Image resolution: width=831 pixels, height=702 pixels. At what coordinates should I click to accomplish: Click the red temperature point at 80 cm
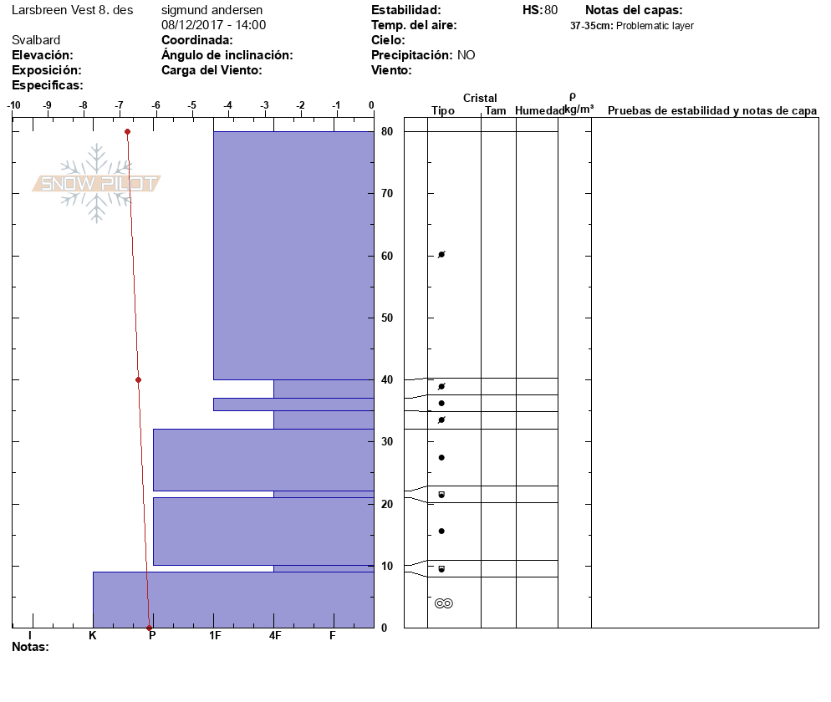click(127, 131)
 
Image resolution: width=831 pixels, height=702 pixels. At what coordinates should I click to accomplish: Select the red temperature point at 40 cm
click(138, 379)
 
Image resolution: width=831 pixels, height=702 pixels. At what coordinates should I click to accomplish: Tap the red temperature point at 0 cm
click(149, 628)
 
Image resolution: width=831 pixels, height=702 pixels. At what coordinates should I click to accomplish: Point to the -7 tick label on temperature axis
click(120, 105)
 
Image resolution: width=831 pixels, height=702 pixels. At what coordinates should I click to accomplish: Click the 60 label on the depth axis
click(387, 256)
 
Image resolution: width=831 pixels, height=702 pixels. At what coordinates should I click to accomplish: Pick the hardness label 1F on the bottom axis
click(215, 636)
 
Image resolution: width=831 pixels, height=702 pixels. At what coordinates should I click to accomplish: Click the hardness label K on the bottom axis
click(93, 636)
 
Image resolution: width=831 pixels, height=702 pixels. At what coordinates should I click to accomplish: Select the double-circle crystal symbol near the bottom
click(444, 603)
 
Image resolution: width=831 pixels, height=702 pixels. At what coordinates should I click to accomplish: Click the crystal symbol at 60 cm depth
click(441, 254)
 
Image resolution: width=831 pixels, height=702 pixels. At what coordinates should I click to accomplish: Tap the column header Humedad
click(540, 111)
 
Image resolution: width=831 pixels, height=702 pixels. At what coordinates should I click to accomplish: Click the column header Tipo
click(443, 111)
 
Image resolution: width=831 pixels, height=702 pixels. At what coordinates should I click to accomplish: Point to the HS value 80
click(550, 10)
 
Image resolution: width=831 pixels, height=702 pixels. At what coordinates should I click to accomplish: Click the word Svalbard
click(36, 40)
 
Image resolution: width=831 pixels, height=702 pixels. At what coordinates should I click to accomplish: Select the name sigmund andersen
click(212, 10)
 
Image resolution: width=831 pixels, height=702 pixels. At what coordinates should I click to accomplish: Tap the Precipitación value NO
click(466, 55)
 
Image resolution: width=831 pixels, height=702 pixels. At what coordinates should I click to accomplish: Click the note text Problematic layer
click(655, 26)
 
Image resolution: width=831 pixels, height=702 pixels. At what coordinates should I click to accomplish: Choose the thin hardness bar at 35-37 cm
click(293, 404)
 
